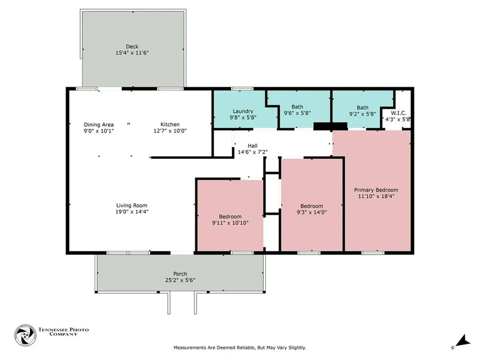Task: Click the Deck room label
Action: coord(132,46)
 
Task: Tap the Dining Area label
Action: coord(98,125)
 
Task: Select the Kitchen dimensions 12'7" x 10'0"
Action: coord(170,131)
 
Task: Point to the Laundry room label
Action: coord(243,112)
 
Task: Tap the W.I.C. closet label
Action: coord(398,113)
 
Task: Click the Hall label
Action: coord(253,146)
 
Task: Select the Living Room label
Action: coord(132,205)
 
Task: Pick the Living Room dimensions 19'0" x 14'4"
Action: coord(132,211)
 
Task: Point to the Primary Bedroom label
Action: coord(376,190)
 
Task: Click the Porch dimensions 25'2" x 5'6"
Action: coord(180,280)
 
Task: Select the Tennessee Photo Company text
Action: coord(63,332)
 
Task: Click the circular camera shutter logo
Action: coord(25,336)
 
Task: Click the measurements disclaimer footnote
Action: coord(240,348)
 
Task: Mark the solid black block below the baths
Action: coord(330,126)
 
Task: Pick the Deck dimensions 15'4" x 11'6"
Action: coord(132,52)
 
